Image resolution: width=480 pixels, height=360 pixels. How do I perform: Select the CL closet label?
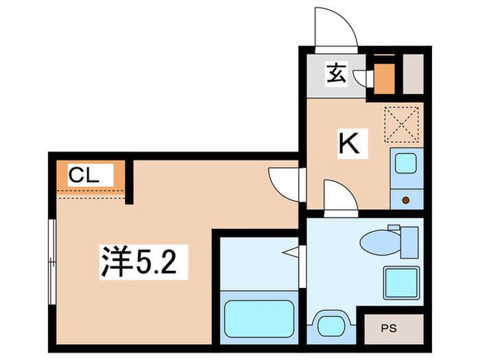click(x=84, y=176)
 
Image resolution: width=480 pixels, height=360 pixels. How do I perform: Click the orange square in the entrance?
click(x=384, y=77)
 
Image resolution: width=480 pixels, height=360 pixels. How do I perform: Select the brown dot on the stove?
click(x=405, y=200)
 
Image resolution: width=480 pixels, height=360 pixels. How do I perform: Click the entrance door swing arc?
click(x=333, y=27)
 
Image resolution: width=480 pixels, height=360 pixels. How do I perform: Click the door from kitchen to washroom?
click(x=339, y=197)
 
